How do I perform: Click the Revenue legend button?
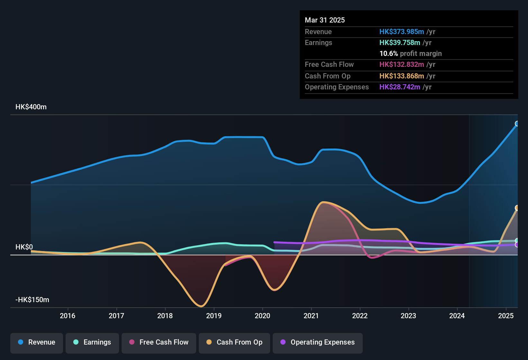click(x=37, y=342)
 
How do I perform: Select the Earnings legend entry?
click(x=92, y=342)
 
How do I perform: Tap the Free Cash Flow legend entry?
click(x=159, y=342)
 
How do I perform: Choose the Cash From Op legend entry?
click(x=234, y=342)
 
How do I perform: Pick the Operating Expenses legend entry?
click(x=318, y=342)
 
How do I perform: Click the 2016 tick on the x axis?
click(x=68, y=316)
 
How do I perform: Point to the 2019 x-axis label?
click(x=214, y=316)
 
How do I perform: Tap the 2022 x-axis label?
click(x=360, y=316)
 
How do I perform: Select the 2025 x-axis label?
click(x=506, y=316)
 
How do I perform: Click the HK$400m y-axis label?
click(x=31, y=107)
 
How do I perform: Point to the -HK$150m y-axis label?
click(x=32, y=300)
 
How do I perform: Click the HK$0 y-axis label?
click(x=24, y=247)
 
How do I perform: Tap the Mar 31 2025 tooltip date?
click(x=325, y=20)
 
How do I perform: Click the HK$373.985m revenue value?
click(x=402, y=32)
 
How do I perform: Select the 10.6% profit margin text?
click(x=410, y=54)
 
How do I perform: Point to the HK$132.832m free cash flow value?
click(x=402, y=65)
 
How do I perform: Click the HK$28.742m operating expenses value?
click(x=400, y=87)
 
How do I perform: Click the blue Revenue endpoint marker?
click(x=517, y=124)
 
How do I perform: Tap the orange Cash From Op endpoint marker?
click(x=517, y=208)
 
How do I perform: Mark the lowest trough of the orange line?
click(x=201, y=306)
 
